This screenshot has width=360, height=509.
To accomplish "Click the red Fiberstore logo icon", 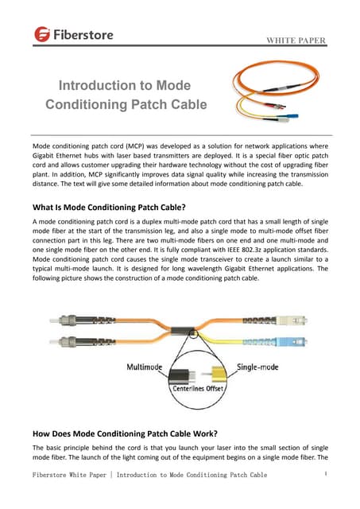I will pyautogui.click(x=42, y=34).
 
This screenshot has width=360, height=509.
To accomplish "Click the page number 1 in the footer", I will pyautogui.click(x=327, y=475).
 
